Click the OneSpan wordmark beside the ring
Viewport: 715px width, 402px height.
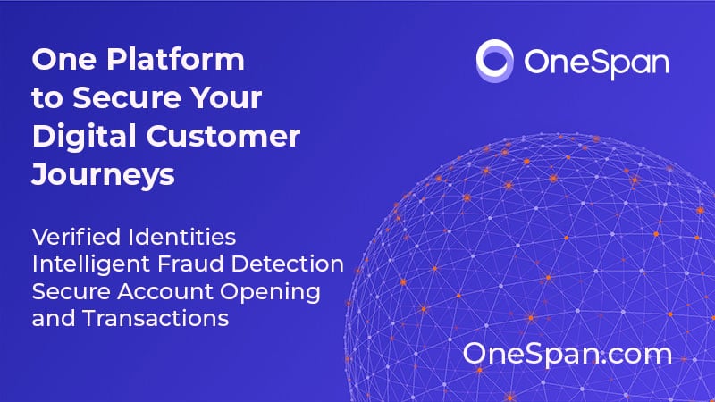596,63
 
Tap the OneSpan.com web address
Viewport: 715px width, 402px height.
568,355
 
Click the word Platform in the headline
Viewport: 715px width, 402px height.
175,59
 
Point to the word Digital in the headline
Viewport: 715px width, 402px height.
84,138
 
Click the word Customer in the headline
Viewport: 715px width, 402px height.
223,136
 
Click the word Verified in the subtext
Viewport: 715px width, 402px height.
76,237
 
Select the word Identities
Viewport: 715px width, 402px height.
182,237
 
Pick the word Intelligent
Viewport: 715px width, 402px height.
91,264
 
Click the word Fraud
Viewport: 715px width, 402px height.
190,264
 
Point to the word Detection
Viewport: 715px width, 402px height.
287,264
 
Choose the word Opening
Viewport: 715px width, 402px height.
271,293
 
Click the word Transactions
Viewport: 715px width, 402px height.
156,318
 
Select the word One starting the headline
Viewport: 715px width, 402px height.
64,60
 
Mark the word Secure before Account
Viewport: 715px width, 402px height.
71,292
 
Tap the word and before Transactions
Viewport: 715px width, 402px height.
54,318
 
